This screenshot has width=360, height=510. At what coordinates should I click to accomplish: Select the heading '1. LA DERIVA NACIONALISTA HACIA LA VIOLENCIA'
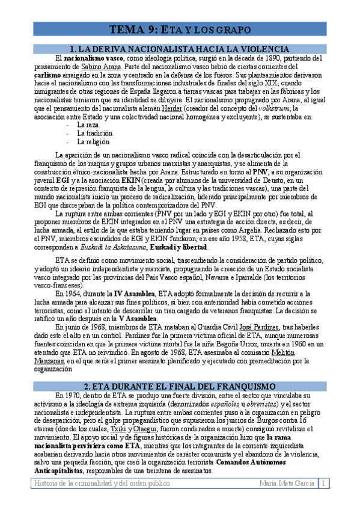point(180,48)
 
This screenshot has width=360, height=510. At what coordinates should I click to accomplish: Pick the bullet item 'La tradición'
point(93,134)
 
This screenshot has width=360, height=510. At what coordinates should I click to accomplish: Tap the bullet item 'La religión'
point(93,142)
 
